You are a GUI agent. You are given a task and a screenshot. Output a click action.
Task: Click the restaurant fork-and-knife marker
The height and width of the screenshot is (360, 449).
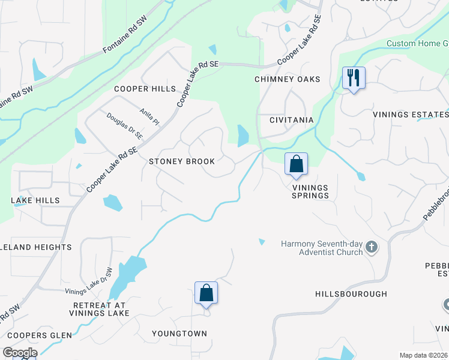354,78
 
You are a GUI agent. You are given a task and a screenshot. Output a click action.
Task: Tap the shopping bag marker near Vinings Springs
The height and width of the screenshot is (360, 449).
297,164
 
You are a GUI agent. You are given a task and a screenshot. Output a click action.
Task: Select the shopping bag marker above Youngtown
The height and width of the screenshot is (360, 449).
206,293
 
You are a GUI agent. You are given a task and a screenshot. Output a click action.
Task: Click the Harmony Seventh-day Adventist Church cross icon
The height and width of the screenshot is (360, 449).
372,247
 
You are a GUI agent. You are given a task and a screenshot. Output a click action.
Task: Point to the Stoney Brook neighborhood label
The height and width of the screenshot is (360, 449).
182,161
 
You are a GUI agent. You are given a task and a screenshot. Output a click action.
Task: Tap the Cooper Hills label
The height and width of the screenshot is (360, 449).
145,89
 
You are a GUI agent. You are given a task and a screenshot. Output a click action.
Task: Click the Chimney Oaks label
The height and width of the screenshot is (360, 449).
287,79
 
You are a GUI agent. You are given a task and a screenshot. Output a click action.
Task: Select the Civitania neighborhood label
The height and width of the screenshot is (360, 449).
291,120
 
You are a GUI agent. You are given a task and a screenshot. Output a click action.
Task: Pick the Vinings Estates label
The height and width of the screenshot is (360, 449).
410,115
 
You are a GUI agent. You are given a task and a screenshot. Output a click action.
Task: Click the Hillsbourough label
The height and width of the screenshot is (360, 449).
351,294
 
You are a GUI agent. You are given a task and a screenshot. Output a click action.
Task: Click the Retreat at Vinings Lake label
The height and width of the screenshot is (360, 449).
99,309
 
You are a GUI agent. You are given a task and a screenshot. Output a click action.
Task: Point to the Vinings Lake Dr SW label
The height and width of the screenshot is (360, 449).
89,281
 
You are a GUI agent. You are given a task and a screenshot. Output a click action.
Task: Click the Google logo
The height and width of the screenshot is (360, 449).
20,353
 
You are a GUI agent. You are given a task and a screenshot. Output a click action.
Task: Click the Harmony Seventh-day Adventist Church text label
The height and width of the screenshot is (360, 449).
322,247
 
